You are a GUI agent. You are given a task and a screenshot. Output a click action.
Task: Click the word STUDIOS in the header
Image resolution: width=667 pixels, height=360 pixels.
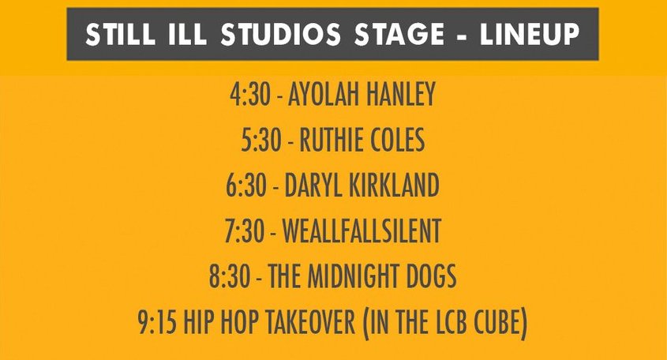[x=280, y=34]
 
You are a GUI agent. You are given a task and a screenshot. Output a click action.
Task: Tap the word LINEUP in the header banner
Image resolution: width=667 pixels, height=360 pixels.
[x=530, y=34]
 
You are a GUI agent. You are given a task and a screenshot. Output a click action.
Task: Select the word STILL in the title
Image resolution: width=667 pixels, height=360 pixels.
[x=121, y=34]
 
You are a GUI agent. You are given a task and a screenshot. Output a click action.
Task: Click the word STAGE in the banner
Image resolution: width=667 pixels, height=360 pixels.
[x=399, y=34]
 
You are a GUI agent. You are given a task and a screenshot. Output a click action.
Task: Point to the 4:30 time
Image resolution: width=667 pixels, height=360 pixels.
[x=250, y=94]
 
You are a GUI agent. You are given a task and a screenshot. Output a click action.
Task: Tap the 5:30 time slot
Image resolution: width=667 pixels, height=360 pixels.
[x=260, y=140]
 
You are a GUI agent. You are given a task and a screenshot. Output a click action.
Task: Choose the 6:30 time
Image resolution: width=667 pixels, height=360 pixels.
[x=246, y=185]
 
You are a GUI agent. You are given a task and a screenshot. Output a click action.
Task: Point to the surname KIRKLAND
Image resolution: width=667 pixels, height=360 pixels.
[x=395, y=185]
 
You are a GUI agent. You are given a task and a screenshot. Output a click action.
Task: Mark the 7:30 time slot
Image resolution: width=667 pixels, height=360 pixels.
[x=245, y=231]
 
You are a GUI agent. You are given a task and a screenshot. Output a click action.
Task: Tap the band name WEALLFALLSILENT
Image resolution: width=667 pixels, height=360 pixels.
[x=362, y=231]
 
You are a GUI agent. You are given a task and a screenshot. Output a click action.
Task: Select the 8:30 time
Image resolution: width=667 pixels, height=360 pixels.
[x=230, y=276]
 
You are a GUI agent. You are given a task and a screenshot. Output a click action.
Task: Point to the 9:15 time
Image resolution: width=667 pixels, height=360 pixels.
[x=157, y=322]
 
